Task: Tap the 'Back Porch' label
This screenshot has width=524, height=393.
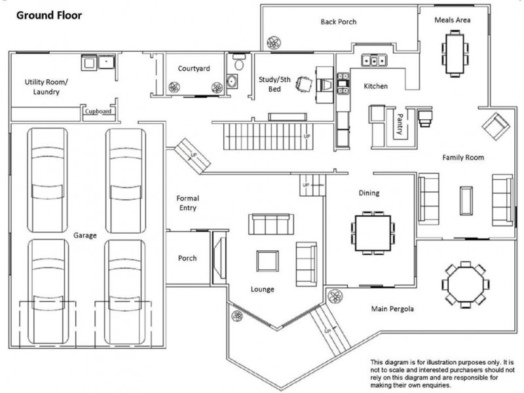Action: pos(338,22)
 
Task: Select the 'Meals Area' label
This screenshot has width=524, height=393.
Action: pos(453,20)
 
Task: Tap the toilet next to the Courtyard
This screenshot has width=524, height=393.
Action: pos(238,64)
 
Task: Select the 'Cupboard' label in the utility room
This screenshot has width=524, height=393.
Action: pos(98,112)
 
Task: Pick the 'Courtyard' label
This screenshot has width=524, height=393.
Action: pos(194,68)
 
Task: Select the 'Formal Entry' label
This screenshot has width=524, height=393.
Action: pos(187,203)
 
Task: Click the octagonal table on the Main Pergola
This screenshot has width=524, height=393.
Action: pos(463,282)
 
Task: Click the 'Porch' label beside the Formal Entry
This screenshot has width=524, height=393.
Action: pos(187,258)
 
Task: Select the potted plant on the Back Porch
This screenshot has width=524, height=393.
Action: pos(273,43)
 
